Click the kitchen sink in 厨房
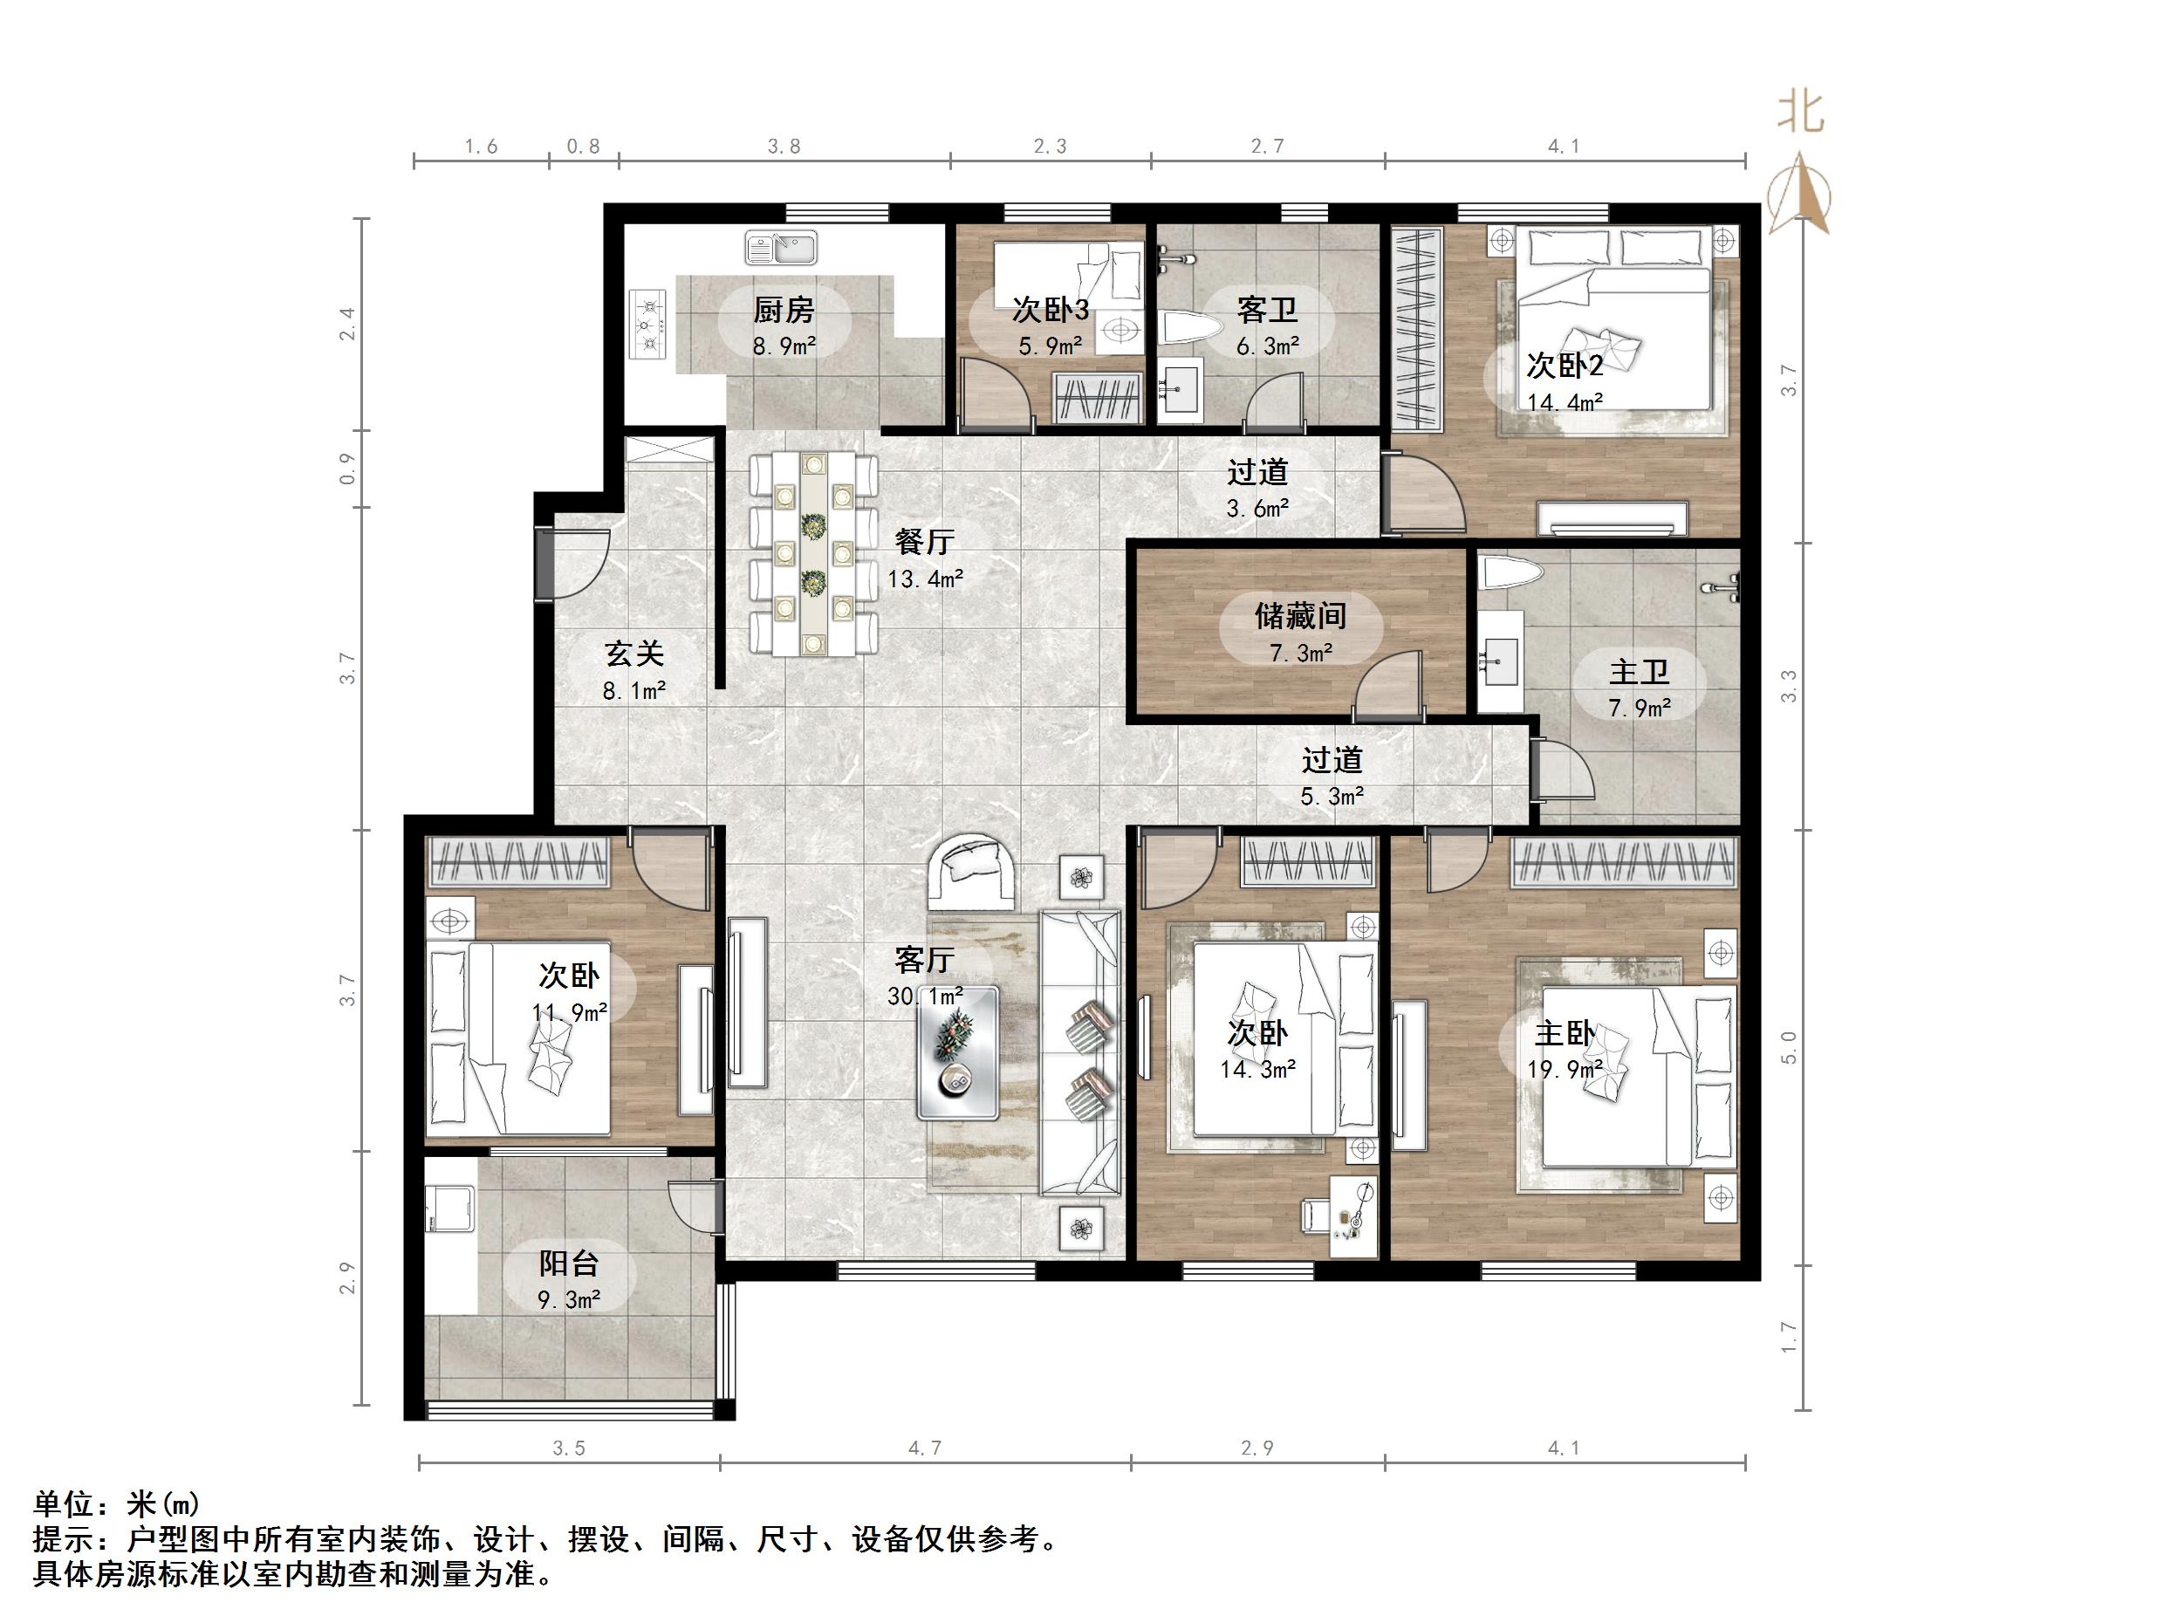click(780, 248)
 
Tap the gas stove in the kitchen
click(648, 323)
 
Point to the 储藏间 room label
click(1300, 615)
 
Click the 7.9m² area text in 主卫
click(1640, 708)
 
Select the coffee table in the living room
click(958, 1052)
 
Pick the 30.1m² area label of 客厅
click(924, 996)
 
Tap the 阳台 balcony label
click(568, 1263)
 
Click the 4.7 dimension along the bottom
click(924, 1448)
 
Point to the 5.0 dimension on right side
click(1788, 1047)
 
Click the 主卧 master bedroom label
click(1565, 1033)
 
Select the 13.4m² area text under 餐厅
click(924, 579)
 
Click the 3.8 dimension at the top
click(784, 147)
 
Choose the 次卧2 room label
click(1565, 365)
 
